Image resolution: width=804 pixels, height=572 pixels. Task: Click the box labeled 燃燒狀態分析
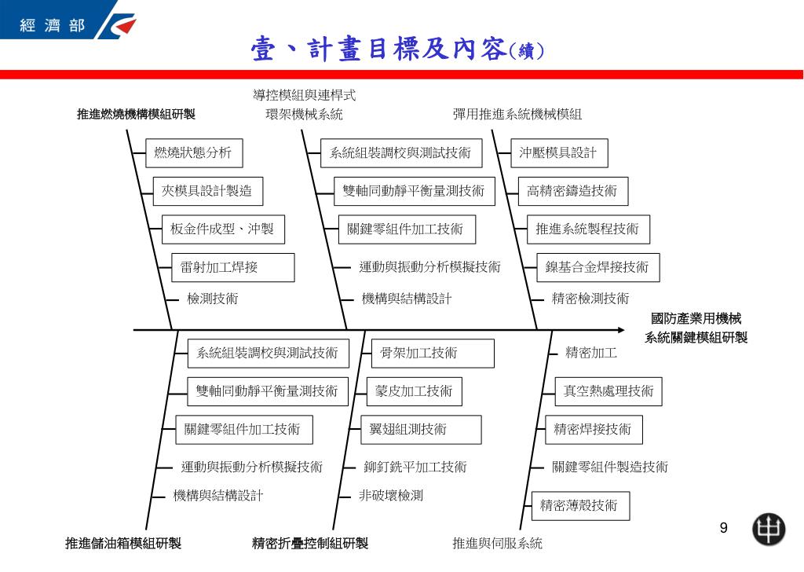click(194, 153)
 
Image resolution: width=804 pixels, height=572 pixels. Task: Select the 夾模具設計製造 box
click(207, 192)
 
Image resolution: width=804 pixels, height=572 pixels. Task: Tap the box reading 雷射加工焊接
click(232, 267)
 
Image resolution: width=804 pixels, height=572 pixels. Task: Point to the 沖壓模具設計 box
click(559, 153)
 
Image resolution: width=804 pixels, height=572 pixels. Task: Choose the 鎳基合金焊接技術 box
click(598, 267)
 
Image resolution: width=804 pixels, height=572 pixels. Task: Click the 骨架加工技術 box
click(433, 353)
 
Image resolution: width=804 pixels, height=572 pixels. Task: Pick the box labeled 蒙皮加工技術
click(415, 391)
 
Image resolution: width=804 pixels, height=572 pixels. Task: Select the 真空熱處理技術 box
click(608, 391)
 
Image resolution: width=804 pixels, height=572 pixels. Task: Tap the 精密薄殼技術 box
click(580, 506)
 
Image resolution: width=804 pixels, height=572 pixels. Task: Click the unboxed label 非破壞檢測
click(391, 496)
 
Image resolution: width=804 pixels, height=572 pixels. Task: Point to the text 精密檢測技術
click(590, 299)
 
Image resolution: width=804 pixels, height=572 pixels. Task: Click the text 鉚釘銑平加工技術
click(415, 467)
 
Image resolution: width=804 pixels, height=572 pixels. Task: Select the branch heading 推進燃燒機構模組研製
click(137, 114)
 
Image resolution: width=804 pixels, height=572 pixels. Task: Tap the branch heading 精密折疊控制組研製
click(310, 543)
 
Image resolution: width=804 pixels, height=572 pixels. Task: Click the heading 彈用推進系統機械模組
click(517, 114)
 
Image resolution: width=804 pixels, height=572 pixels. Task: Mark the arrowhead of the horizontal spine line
click(623, 330)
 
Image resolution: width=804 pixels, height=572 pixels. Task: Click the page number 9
click(723, 528)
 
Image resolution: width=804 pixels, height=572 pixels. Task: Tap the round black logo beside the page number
click(769, 529)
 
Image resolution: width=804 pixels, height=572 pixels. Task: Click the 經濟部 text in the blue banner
click(53, 25)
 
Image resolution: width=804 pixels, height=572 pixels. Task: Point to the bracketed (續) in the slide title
click(527, 50)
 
